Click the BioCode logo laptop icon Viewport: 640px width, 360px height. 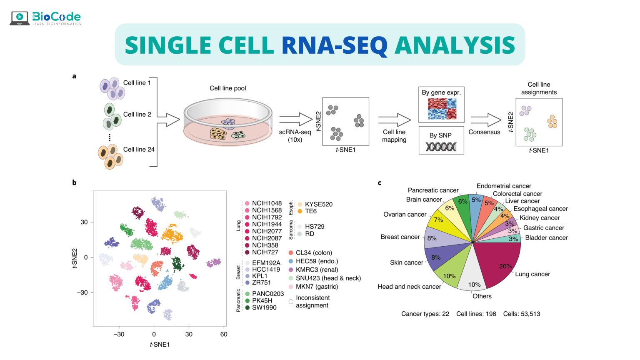click(19, 18)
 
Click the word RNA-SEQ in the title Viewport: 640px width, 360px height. click(334, 45)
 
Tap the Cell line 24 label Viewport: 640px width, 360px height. click(139, 150)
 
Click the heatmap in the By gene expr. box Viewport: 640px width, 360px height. click(442, 109)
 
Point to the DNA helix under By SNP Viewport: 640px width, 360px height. click(441, 147)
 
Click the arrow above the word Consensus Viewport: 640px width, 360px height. click(485, 120)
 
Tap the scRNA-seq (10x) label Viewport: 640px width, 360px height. click(295, 136)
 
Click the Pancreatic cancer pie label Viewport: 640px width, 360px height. click(433, 190)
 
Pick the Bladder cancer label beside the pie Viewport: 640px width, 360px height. click(546, 238)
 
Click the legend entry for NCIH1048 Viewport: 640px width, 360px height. click(267, 203)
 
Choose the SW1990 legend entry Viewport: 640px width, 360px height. click(264, 307)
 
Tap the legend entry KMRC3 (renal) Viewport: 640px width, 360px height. click(317, 270)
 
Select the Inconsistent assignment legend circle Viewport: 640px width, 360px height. click(291, 302)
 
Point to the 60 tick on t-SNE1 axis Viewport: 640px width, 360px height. click(224, 334)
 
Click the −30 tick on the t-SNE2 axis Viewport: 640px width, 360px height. click(82, 292)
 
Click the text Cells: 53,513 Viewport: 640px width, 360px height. click(521, 314)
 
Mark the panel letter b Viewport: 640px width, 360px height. click(74, 182)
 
